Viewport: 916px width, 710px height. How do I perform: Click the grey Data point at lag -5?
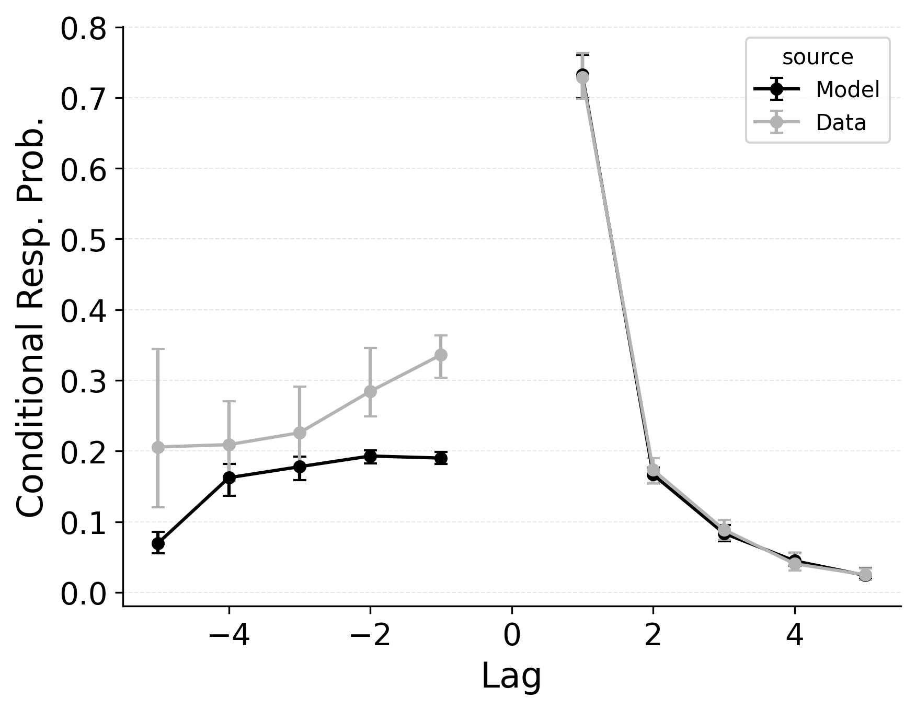click(x=158, y=447)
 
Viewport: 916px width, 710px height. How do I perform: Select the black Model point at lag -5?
click(x=158, y=544)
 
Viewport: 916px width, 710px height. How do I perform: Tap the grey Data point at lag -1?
click(x=441, y=355)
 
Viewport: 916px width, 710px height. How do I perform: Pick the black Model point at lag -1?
click(x=441, y=458)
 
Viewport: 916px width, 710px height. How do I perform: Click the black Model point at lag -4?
click(x=229, y=478)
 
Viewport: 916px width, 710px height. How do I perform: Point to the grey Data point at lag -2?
click(x=370, y=391)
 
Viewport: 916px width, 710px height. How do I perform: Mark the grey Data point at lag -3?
click(x=300, y=433)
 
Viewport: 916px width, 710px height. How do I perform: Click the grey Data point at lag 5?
click(x=865, y=575)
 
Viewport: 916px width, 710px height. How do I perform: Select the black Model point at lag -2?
click(x=370, y=456)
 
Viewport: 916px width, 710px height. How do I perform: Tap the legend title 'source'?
click(x=818, y=57)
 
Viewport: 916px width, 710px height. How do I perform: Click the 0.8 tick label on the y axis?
click(x=84, y=29)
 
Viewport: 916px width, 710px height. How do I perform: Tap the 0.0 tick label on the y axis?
click(x=84, y=595)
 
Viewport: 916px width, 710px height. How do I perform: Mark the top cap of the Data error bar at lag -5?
click(x=158, y=349)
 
